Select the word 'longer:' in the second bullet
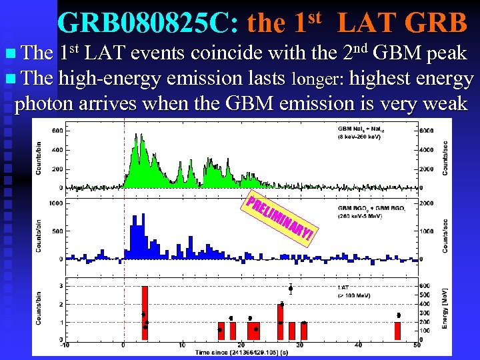click(317, 80)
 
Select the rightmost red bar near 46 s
click(398, 331)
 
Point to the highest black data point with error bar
click(291, 289)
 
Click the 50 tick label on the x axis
click(417, 345)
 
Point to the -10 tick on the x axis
click(64, 345)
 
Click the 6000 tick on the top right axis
click(427, 131)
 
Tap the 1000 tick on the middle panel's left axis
click(55, 203)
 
